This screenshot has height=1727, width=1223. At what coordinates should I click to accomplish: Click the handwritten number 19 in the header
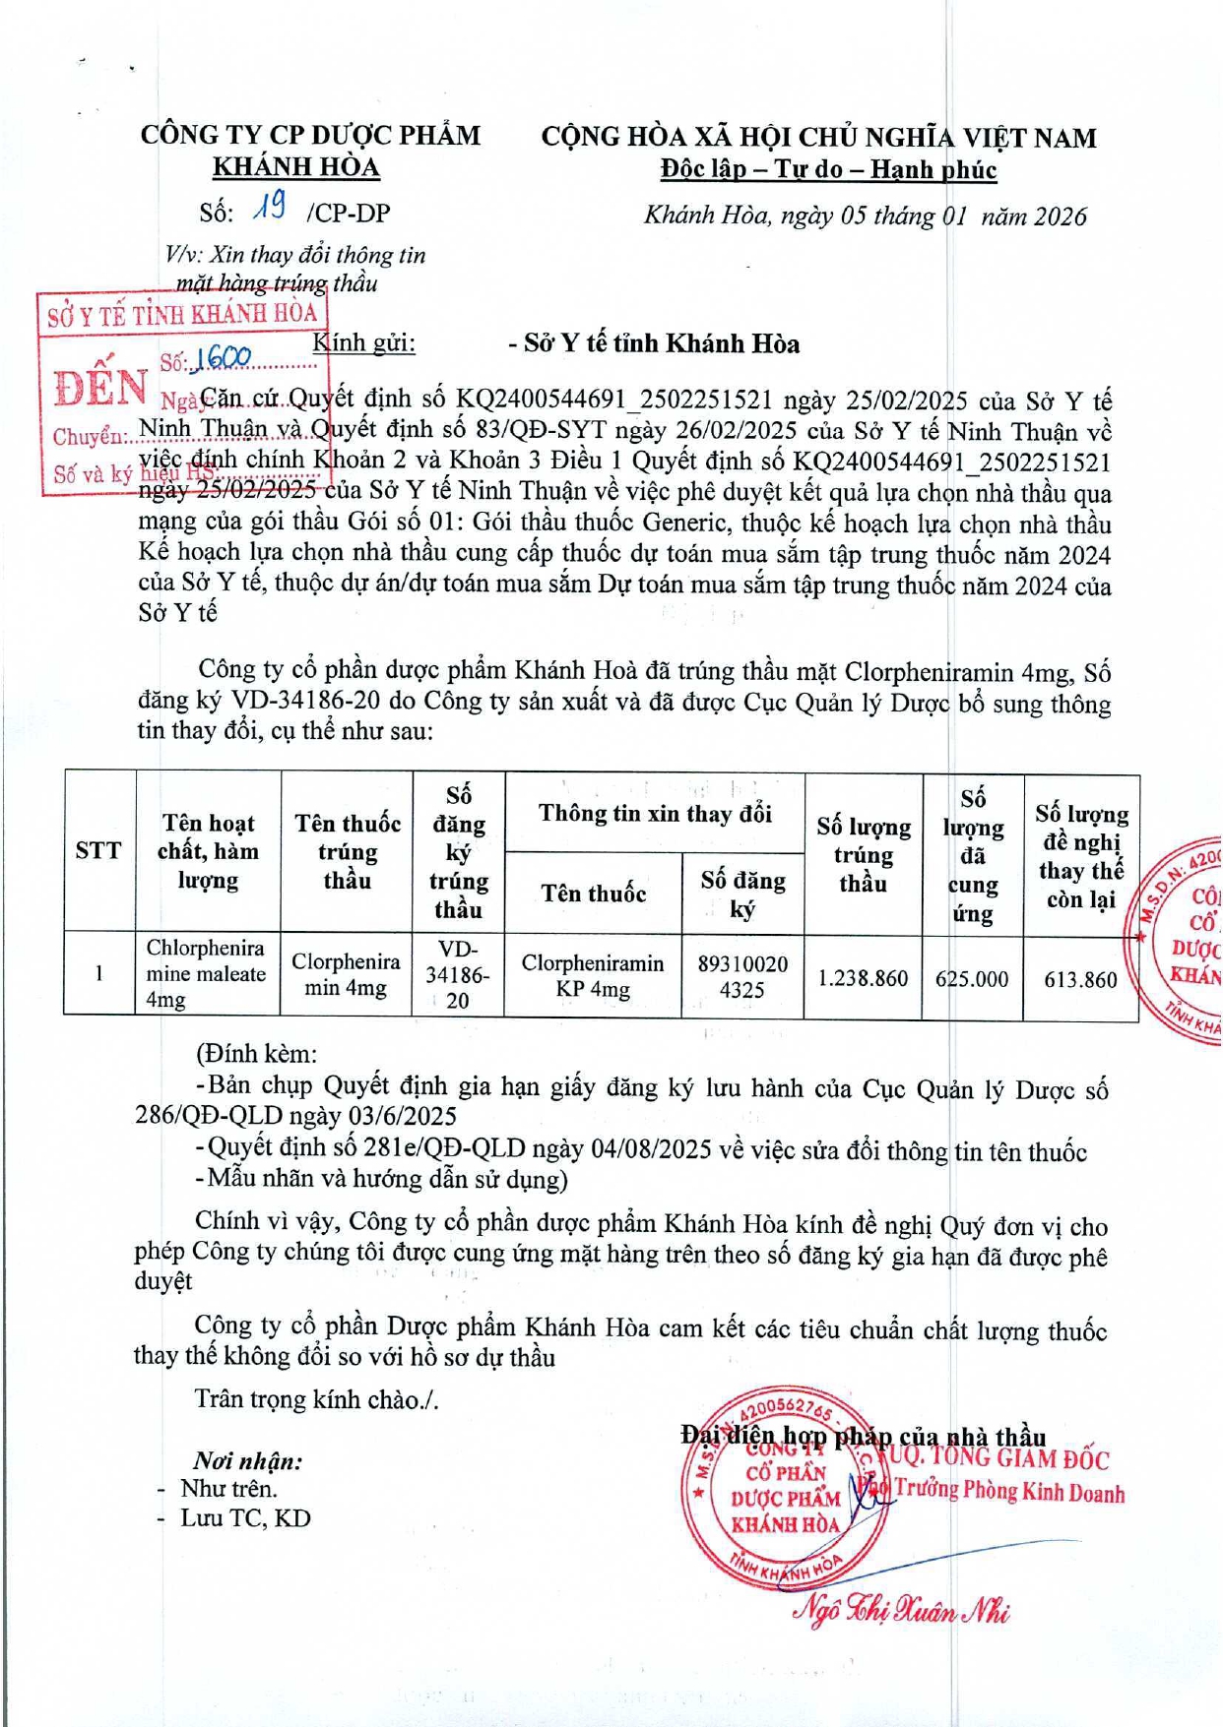[x=269, y=207]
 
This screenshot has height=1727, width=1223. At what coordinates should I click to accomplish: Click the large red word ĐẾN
[x=99, y=387]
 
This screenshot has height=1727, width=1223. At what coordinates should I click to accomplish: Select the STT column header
[x=98, y=851]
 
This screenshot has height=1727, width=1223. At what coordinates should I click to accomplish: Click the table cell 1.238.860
[x=863, y=978]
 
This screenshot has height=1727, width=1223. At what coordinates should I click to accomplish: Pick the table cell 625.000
[x=972, y=978]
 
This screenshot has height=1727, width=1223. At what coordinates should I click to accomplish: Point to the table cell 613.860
[x=1080, y=979]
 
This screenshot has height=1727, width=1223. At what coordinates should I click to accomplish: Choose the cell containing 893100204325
[x=742, y=976]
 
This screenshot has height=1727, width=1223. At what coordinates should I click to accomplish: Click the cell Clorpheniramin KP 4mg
[x=593, y=976]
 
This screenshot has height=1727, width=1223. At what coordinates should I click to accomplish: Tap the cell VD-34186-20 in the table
[x=458, y=974]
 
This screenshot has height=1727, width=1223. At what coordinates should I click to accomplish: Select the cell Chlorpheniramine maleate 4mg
[x=206, y=973]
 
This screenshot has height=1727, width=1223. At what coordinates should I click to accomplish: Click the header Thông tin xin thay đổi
[x=655, y=814]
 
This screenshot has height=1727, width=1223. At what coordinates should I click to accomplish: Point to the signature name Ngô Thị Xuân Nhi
[x=901, y=1609]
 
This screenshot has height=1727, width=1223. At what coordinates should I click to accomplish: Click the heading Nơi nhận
[x=247, y=1460]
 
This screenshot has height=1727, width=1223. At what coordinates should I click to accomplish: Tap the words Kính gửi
[x=363, y=342]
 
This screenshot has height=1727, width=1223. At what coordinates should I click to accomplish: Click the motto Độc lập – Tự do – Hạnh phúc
[x=828, y=169]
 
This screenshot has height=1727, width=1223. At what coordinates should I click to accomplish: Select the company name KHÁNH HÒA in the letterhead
[x=296, y=166]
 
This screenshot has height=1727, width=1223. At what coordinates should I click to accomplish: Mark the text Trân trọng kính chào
[x=316, y=1398]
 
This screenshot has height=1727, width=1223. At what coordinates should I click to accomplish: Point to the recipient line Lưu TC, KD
[x=244, y=1517]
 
